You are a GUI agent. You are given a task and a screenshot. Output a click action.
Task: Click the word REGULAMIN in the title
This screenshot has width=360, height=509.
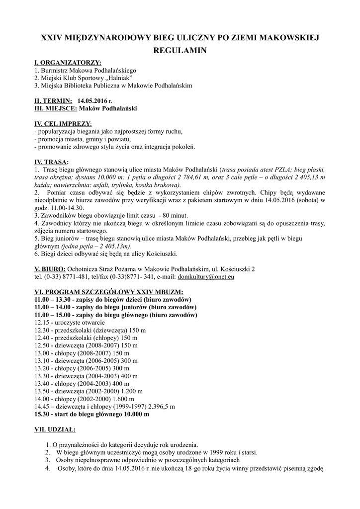pyautogui.click(x=180, y=51)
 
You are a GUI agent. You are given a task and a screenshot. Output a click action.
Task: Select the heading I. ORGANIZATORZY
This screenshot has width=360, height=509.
pyautogui.click(x=67, y=63)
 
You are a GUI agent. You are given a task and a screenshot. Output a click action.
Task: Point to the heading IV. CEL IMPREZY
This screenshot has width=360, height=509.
pyautogui.click(x=62, y=123)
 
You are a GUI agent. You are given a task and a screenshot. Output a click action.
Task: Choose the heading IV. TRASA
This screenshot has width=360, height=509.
pyautogui.click(x=51, y=162)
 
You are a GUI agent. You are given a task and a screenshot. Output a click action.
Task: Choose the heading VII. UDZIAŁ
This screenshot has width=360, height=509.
pyautogui.click(x=55, y=428)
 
